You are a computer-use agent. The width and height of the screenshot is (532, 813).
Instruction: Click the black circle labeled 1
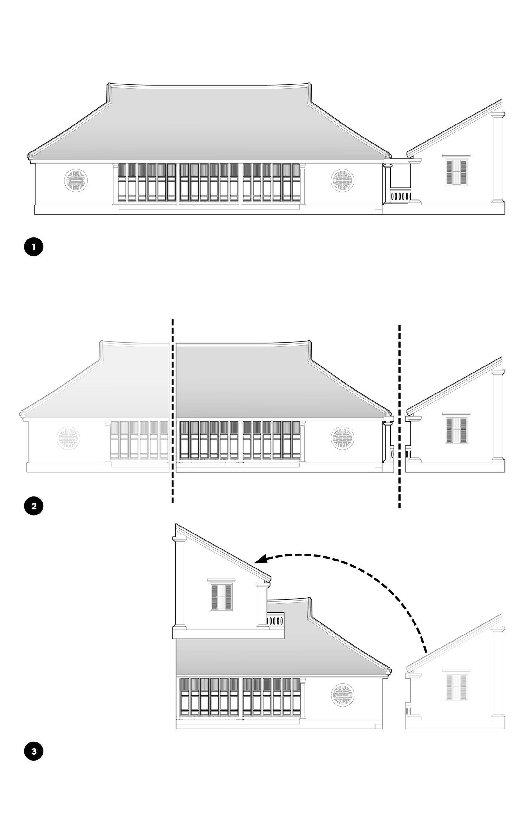tap(33, 247)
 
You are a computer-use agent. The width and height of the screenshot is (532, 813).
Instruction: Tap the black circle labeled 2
tap(33, 506)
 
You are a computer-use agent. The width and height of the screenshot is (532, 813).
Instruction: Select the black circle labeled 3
tap(33, 751)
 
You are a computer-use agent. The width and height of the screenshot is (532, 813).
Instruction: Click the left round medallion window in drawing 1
tap(76, 180)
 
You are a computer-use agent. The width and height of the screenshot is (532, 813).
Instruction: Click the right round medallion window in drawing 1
tap(342, 180)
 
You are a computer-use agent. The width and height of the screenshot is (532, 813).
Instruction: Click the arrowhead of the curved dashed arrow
tap(260, 559)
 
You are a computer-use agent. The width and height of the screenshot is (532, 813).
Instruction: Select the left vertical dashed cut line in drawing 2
tap(172, 410)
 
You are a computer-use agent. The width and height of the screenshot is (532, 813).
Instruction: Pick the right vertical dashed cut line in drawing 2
tap(399, 417)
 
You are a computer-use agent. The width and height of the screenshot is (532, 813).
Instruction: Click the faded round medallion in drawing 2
tap(68, 438)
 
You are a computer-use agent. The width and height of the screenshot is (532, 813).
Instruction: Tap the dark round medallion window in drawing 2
tap(342, 438)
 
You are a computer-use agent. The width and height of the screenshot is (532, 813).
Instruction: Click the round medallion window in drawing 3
tap(342, 695)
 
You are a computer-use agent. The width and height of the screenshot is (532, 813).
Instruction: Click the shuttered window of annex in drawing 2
tap(456, 430)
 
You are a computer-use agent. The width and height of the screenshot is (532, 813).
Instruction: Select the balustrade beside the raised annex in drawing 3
tap(275, 621)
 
